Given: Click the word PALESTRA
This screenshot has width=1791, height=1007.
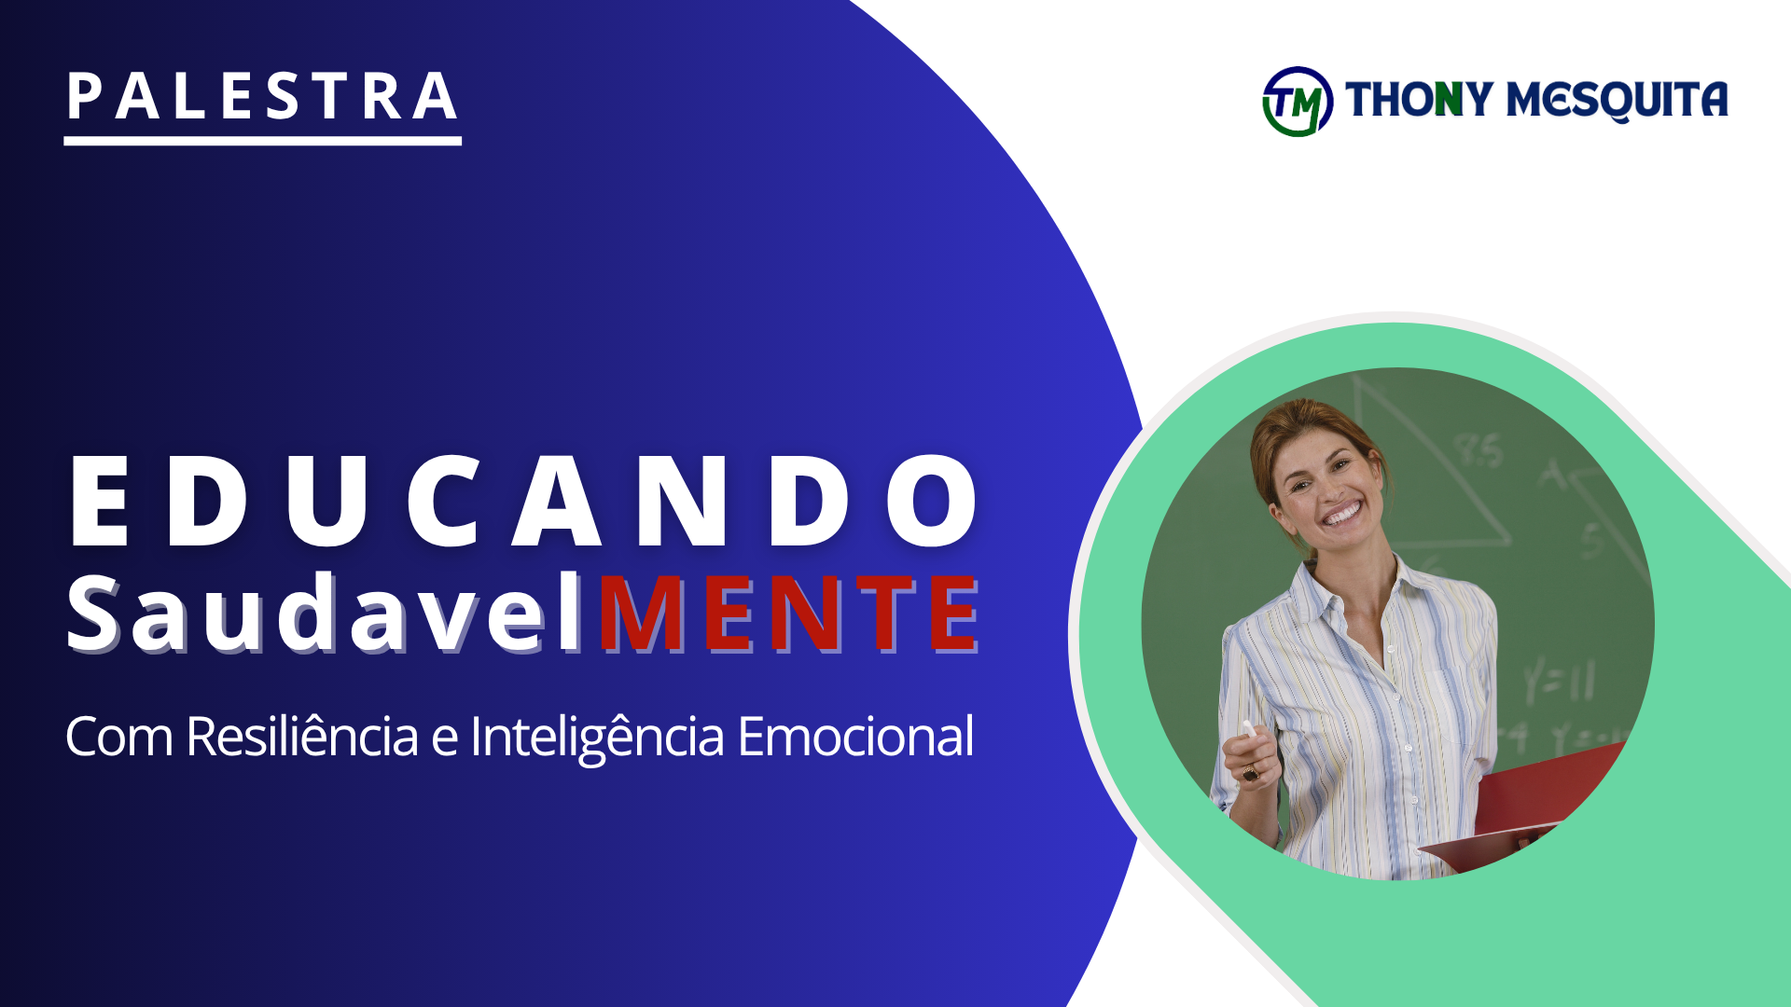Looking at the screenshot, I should tap(262, 97).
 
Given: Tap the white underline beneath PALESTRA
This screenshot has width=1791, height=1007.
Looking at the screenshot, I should tap(262, 141).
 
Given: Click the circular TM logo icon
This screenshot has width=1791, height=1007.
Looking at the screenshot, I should tap(1297, 102).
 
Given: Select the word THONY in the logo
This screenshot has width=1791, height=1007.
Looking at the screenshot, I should tap(1418, 100).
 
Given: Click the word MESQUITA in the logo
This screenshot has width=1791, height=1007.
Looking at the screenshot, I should tap(1617, 100).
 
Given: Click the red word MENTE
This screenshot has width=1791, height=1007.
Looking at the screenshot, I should tap(789, 614).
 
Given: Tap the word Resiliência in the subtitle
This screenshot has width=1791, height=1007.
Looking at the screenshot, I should tap(301, 737).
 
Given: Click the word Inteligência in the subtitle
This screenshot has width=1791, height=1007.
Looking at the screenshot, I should tap(597, 737).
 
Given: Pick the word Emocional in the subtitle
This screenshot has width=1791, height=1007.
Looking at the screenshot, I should tap(855, 737).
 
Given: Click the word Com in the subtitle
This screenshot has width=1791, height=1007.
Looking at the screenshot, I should tap(118, 738).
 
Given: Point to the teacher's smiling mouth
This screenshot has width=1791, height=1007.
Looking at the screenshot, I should tap(1342, 514).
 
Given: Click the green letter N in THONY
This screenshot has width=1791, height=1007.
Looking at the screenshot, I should tap(1449, 100).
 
